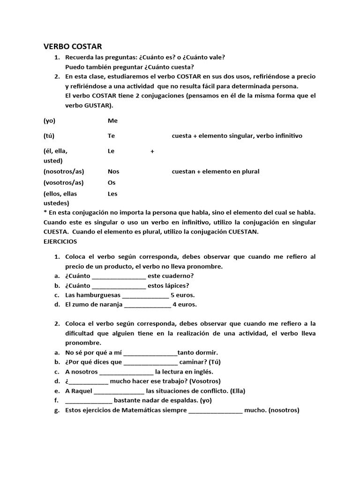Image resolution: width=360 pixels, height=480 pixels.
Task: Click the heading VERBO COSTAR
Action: point(72,46)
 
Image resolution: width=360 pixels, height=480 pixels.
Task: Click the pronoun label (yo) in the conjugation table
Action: point(49,120)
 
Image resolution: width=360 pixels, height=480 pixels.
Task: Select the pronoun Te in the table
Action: point(111,135)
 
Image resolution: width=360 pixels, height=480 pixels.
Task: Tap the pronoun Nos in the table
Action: point(113,172)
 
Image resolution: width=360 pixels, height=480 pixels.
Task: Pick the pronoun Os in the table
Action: point(112,183)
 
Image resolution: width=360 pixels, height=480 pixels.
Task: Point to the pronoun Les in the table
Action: point(112,194)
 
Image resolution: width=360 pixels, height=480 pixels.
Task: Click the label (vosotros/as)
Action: point(64,183)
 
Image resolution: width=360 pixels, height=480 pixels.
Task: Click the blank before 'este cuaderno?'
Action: point(119,277)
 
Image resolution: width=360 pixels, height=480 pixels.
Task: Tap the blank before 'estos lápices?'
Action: point(119,286)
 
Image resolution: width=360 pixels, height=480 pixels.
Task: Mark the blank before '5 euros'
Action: point(145,295)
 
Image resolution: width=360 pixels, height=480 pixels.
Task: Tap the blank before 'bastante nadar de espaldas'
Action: point(89,401)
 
